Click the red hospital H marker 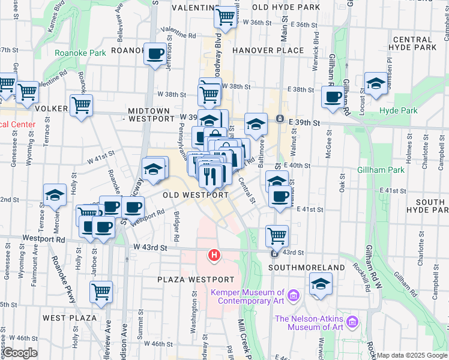point(213,256)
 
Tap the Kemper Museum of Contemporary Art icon point(293,295)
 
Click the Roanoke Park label point(80,53)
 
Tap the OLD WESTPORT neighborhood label point(196,195)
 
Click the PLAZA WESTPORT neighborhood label point(196,280)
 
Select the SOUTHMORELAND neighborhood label point(306,268)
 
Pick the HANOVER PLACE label point(268,50)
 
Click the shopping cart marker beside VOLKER point(81,104)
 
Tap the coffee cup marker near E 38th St point(333,96)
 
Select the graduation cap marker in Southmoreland point(321,283)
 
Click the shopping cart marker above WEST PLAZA point(101,292)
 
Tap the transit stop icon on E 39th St point(279,119)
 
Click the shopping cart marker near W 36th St point(225,17)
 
